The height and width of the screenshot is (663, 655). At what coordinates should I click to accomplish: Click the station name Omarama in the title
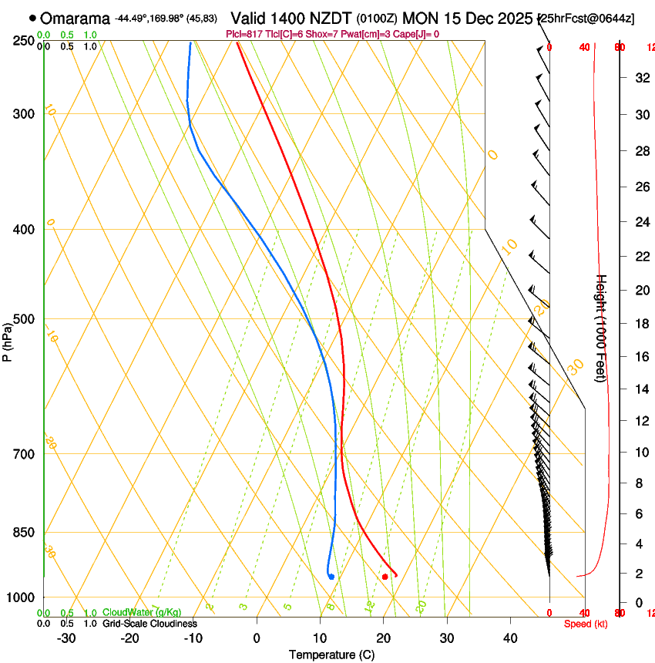click(75, 18)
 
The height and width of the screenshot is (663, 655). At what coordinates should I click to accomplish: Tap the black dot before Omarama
click(32, 18)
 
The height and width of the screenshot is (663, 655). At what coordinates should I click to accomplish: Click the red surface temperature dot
click(385, 577)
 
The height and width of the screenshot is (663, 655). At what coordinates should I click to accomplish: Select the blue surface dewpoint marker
click(331, 577)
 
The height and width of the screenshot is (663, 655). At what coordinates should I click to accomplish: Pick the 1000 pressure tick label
click(22, 597)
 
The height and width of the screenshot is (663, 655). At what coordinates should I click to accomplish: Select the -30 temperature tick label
click(66, 638)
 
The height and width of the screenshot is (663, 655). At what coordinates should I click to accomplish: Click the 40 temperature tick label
click(510, 638)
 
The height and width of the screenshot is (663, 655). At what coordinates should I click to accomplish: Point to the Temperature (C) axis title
click(331, 655)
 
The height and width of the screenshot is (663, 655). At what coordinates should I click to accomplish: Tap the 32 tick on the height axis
click(640, 77)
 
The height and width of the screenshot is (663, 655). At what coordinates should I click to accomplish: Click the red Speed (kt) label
click(586, 624)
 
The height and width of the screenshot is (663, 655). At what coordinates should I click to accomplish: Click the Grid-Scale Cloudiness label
click(149, 624)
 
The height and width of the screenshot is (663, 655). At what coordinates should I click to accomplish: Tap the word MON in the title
click(419, 18)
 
